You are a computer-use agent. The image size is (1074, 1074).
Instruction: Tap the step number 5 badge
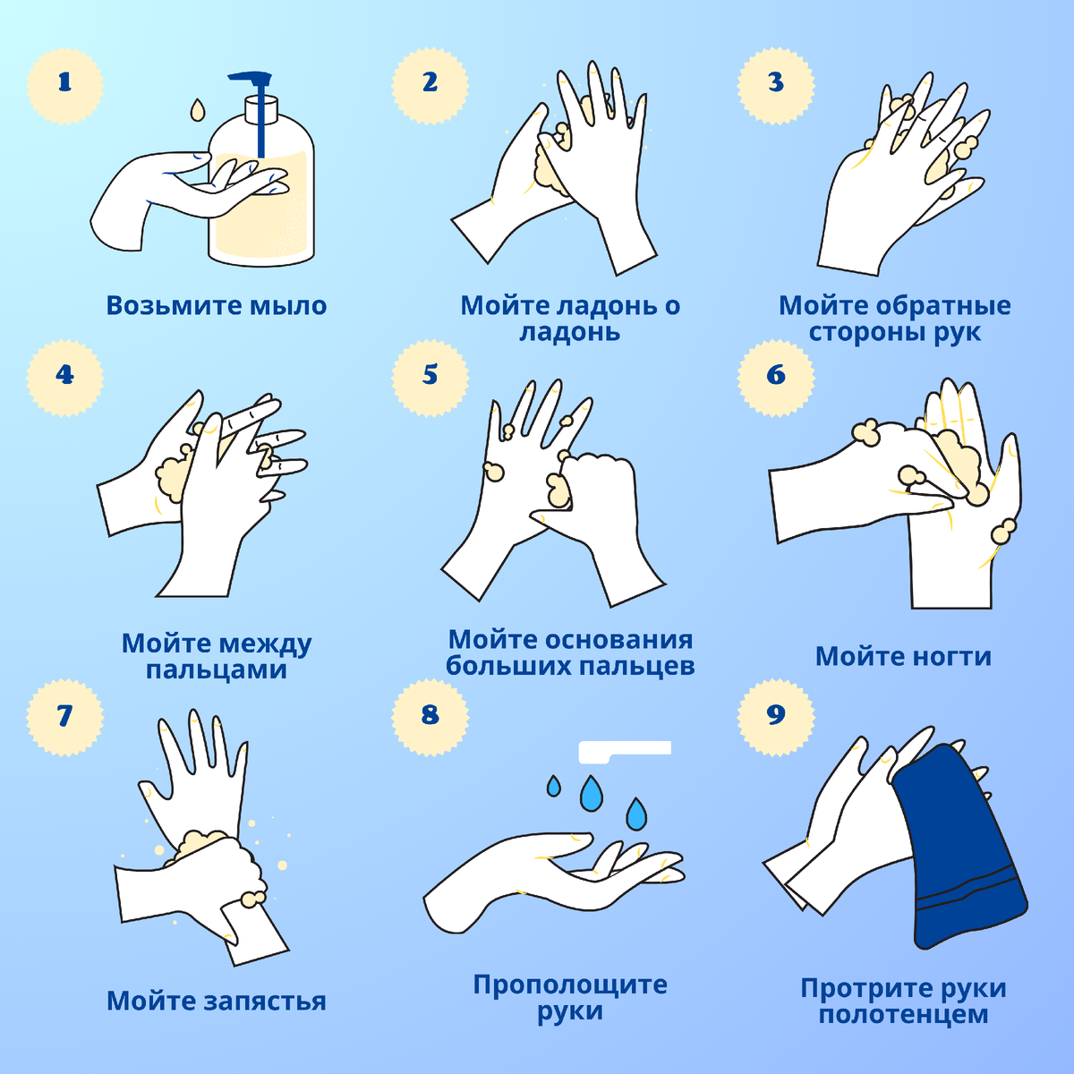(430, 377)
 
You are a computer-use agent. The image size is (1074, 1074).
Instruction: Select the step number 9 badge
(776, 717)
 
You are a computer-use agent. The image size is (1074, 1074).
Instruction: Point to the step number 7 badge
(64, 717)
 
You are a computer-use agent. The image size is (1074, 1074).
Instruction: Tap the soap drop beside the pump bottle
(197, 110)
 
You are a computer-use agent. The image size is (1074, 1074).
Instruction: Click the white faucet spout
(624, 752)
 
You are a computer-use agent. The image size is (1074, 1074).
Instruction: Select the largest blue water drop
(592, 793)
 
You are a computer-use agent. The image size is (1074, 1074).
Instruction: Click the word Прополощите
(569, 984)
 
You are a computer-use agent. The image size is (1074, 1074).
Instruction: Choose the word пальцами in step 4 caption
(217, 669)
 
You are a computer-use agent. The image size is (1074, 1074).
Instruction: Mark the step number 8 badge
(430, 717)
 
